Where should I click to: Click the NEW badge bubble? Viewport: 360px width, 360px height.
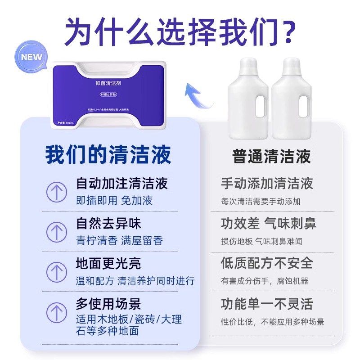[31, 58]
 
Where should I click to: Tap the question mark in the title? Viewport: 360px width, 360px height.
[284, 30]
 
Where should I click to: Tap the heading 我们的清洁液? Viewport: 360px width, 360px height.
[108, 154]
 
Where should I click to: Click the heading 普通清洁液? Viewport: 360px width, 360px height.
[271, 156]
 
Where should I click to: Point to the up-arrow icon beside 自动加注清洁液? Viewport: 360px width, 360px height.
[57, 192]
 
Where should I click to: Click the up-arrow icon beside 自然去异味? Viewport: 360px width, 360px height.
[57, 232]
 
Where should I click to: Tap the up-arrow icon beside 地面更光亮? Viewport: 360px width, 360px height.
[57, 271]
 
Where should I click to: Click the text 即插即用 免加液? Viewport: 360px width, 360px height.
[114, 201]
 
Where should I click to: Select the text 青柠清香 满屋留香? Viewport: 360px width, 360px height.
[119, 241]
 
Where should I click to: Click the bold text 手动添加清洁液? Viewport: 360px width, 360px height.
[267, 184]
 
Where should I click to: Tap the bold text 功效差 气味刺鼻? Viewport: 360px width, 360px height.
[268, 223]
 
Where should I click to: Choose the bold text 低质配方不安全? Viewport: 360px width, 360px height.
[267, 263]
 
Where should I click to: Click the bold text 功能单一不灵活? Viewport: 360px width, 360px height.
[267, 304]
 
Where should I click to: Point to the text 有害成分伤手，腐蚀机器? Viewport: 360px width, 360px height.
[265, 281]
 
